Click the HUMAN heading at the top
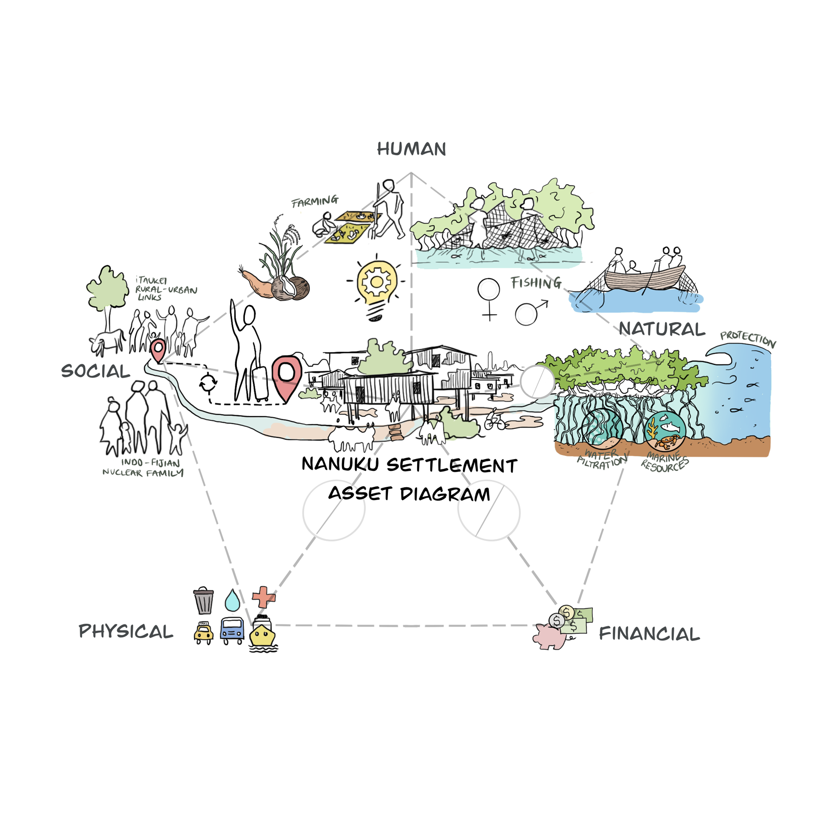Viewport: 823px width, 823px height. [x=411, y=149]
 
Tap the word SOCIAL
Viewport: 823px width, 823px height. [x=96, y=371]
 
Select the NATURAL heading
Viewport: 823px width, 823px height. [x=662, y=329]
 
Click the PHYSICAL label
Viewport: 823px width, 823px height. [x=126, y=631]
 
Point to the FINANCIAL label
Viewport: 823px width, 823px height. [x=649, y=634]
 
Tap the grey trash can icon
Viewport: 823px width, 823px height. [x=203, y=601]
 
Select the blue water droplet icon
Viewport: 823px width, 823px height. [x=232, y=600]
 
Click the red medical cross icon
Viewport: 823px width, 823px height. [x=264, y=597]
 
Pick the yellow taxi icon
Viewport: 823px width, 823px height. [x=203, y=633]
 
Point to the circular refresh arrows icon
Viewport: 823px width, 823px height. [x=208, y=383]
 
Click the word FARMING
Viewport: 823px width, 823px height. [x=315, y=202]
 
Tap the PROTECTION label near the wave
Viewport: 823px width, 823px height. [x=748, y=339]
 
